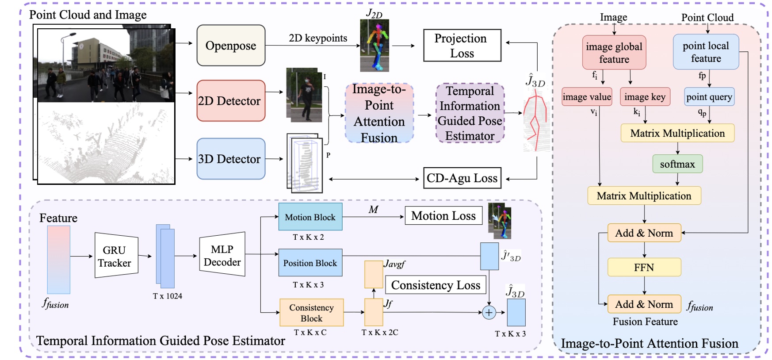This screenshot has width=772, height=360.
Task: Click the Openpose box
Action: click(231, 46)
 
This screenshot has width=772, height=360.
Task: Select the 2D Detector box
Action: click(231, 101)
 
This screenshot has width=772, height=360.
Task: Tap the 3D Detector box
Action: click(231, 159)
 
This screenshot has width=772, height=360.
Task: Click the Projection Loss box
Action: click(462, 46)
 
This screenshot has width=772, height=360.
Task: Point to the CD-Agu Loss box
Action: click(462, 178)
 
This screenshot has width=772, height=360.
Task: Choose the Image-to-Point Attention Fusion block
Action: click(379, 113)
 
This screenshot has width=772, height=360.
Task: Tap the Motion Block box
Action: click(310, 217)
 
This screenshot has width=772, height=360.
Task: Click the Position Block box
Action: click(310, 263)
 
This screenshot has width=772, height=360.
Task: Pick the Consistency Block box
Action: click(311, 313)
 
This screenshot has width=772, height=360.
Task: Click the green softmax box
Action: click(677, 164)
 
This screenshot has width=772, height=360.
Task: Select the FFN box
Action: click(644, 267)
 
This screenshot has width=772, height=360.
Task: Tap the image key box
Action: click(645, 97)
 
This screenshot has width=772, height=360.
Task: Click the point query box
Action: click(709, 97)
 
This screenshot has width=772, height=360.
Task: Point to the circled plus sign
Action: click(489, 313)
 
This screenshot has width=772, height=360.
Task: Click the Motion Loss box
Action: click(443, 216)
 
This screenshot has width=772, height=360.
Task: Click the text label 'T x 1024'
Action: click(168, 296)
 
